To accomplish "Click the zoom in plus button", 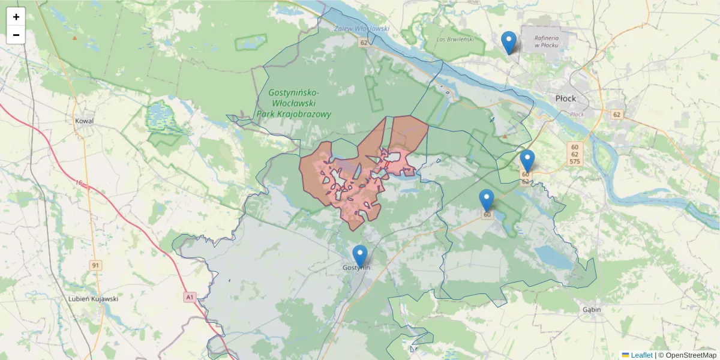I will (16, 17).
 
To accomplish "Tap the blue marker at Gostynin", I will (360, 255).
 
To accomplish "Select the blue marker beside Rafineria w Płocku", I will (508, 41).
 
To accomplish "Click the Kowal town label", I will (85, 121).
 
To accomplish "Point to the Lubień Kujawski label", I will (93, 298).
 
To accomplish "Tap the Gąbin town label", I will (591, 310).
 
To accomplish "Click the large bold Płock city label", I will (565, 98).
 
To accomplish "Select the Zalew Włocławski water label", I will (362, 29).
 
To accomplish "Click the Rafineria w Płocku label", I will (546, 41).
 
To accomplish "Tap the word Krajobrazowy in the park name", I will (293, 114).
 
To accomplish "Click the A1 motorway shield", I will (190, 296).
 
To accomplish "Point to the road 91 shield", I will (95, 265).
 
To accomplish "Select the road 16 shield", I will (79, 182).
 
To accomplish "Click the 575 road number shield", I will (575, 162).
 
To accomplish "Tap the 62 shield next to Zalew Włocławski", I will (364, 43).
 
